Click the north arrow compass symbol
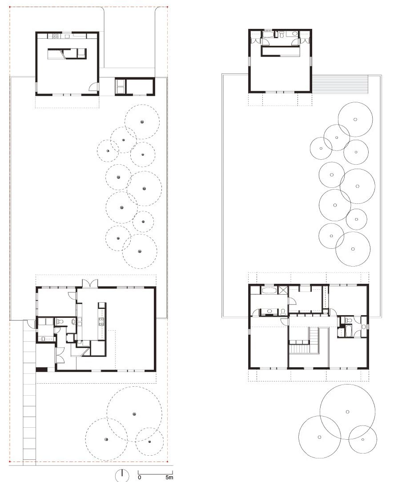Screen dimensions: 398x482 (x=122, y=475)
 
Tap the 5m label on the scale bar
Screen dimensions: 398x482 (x=169, y=478)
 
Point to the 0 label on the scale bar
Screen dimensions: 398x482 (x=140, y=478)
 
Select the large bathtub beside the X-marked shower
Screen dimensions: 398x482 (x=269, y=290)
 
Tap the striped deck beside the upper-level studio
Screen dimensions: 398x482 (x=340, y=85)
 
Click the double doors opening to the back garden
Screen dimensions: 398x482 (x=90, y=284)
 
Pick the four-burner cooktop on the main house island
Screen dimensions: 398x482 (x=101, y=321)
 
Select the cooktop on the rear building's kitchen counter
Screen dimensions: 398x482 (x=56, y=36)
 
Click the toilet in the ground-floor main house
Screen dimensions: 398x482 (x=60, y=321)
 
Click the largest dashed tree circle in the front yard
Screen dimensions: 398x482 (x=134, y=414)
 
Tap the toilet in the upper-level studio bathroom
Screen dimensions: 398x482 (x=281, y=34)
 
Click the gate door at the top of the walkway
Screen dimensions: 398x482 (x=30, y=324)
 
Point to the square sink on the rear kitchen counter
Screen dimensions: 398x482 (x=67, y=36)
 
